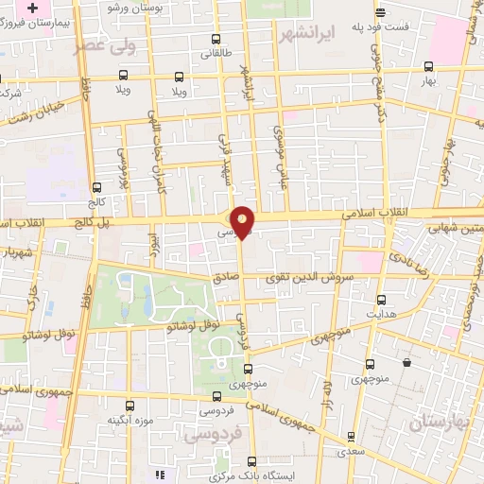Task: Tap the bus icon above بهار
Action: [429, 66]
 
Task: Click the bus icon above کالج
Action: [97, 187]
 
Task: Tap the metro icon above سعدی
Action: [352, 438]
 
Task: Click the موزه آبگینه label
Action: [130, 420]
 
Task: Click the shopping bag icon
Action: [407, 362]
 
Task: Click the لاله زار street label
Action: [327, 393]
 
